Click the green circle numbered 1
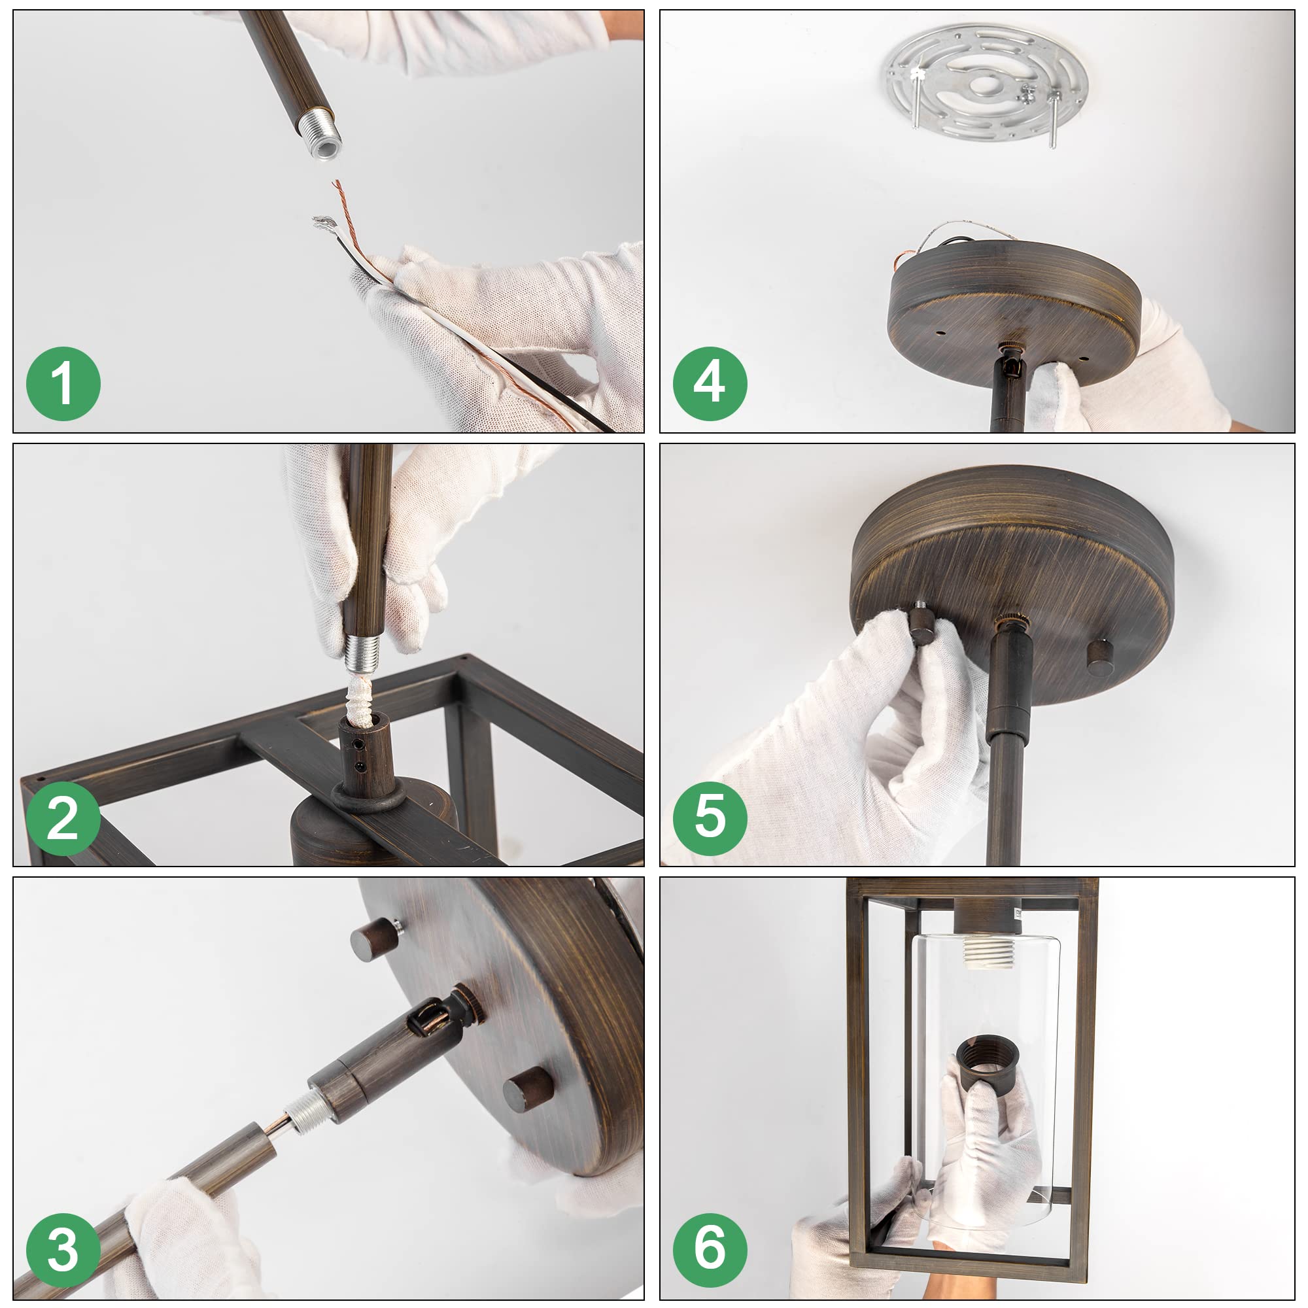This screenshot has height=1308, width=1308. click(x=63, y=384)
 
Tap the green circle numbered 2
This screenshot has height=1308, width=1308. click(x=63, y=819)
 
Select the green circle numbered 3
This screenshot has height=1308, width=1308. click(x=63, y=1250)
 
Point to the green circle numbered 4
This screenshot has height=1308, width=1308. click(x=710, y=384)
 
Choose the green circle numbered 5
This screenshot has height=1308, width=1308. click(x=710, y=819)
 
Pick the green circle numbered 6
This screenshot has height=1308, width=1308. click(x=710, y=1250)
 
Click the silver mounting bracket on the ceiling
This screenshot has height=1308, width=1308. click(x=986, y=82)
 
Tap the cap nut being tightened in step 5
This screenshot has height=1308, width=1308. click(x=922, y=623)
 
